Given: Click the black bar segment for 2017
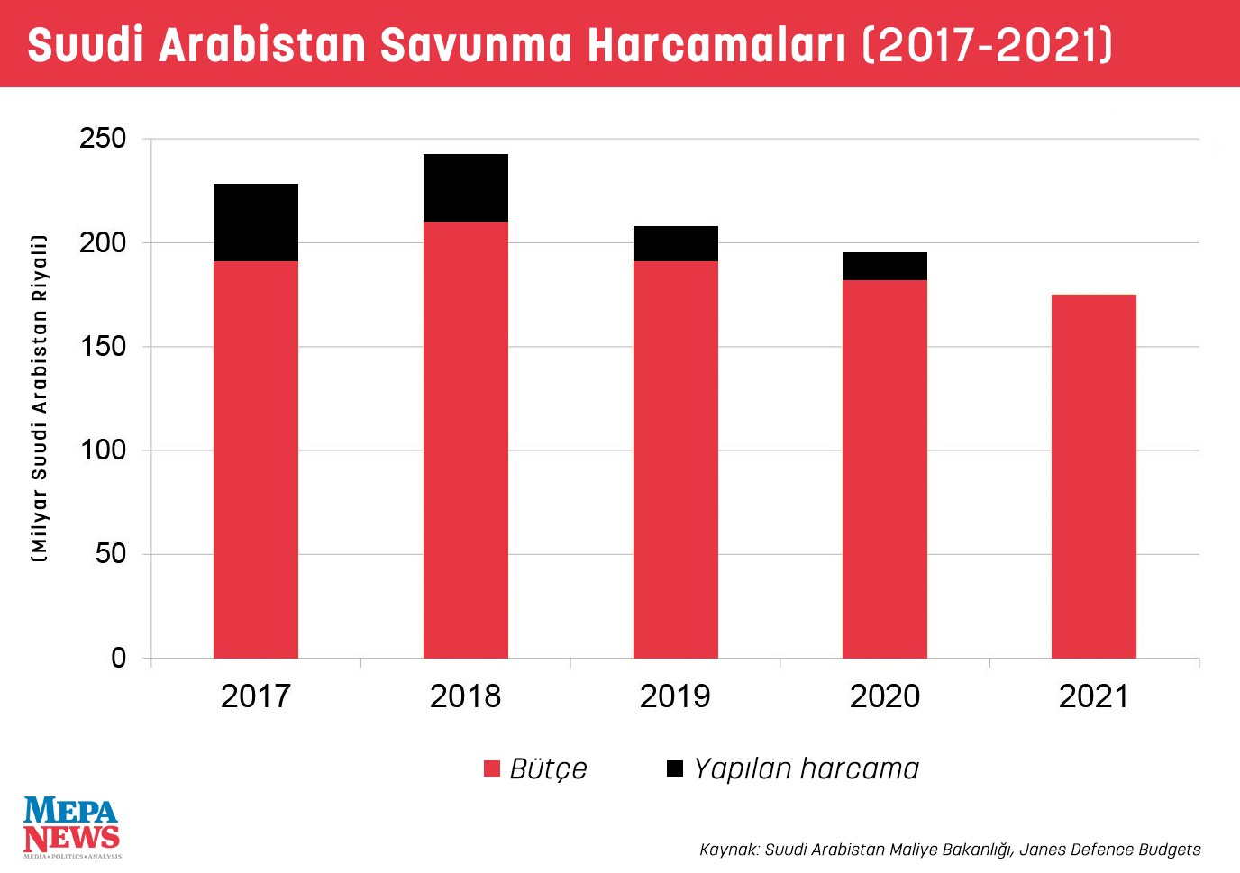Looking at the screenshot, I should click(x=256, y=223).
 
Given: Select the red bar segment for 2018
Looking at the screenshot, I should click(x=466, y=440).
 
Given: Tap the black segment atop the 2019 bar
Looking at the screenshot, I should click(x=676, y=243).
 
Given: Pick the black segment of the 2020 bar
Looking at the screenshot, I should click(x=885, y=266).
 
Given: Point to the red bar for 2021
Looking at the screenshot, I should click(x=1094, y=476).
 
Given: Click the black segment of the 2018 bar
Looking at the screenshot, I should click(x=466, y=187).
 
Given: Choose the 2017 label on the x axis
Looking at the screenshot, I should click(x=256, y=696).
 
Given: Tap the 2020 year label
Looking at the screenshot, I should click(x=885, y=696).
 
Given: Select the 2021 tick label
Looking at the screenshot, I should click(x=1094, y=696).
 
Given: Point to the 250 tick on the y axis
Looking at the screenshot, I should click(x=103, y=139).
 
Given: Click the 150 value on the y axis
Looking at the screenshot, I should click(x=103, y=347).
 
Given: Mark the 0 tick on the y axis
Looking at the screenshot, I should click(x=118, y=659).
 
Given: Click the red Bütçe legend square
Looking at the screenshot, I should click(x=492, y=768).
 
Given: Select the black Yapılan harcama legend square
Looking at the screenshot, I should click(x=675, y=768).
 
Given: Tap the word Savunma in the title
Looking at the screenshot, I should click(x=476, y=45).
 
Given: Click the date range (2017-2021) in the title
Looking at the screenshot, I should click(x=988, y=45).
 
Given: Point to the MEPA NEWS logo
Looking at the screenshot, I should click(x=71, y=826).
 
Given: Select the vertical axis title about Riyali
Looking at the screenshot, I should click(x=39, y=398).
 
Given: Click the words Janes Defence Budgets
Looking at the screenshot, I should click(x=1109, y=850).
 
